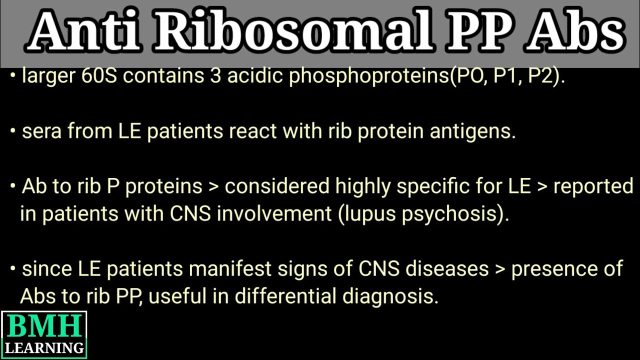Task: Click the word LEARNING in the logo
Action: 44,347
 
